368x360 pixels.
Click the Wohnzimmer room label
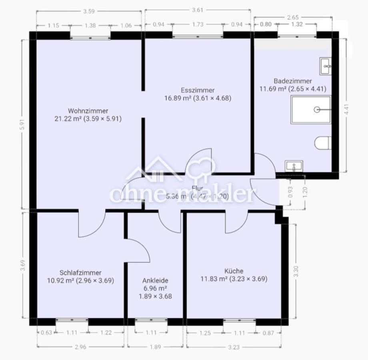point(88,111)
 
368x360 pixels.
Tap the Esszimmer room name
point(198,90)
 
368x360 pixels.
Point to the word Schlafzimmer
point(80,272)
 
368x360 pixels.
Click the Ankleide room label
point(155,280)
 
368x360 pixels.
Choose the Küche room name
point(234,271)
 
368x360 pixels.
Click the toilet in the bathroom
point(323,143)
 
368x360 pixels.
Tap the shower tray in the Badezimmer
point(311,110)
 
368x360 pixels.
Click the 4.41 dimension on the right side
point(346,110)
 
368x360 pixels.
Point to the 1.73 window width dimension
point(198,24)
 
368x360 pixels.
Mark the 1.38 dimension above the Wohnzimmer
point(90,25)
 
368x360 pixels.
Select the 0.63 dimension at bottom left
point(46,332)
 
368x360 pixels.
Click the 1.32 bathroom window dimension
point(296,24)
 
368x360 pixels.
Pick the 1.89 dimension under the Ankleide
point(155,347)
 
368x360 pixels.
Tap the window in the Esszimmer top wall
point(198,36)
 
